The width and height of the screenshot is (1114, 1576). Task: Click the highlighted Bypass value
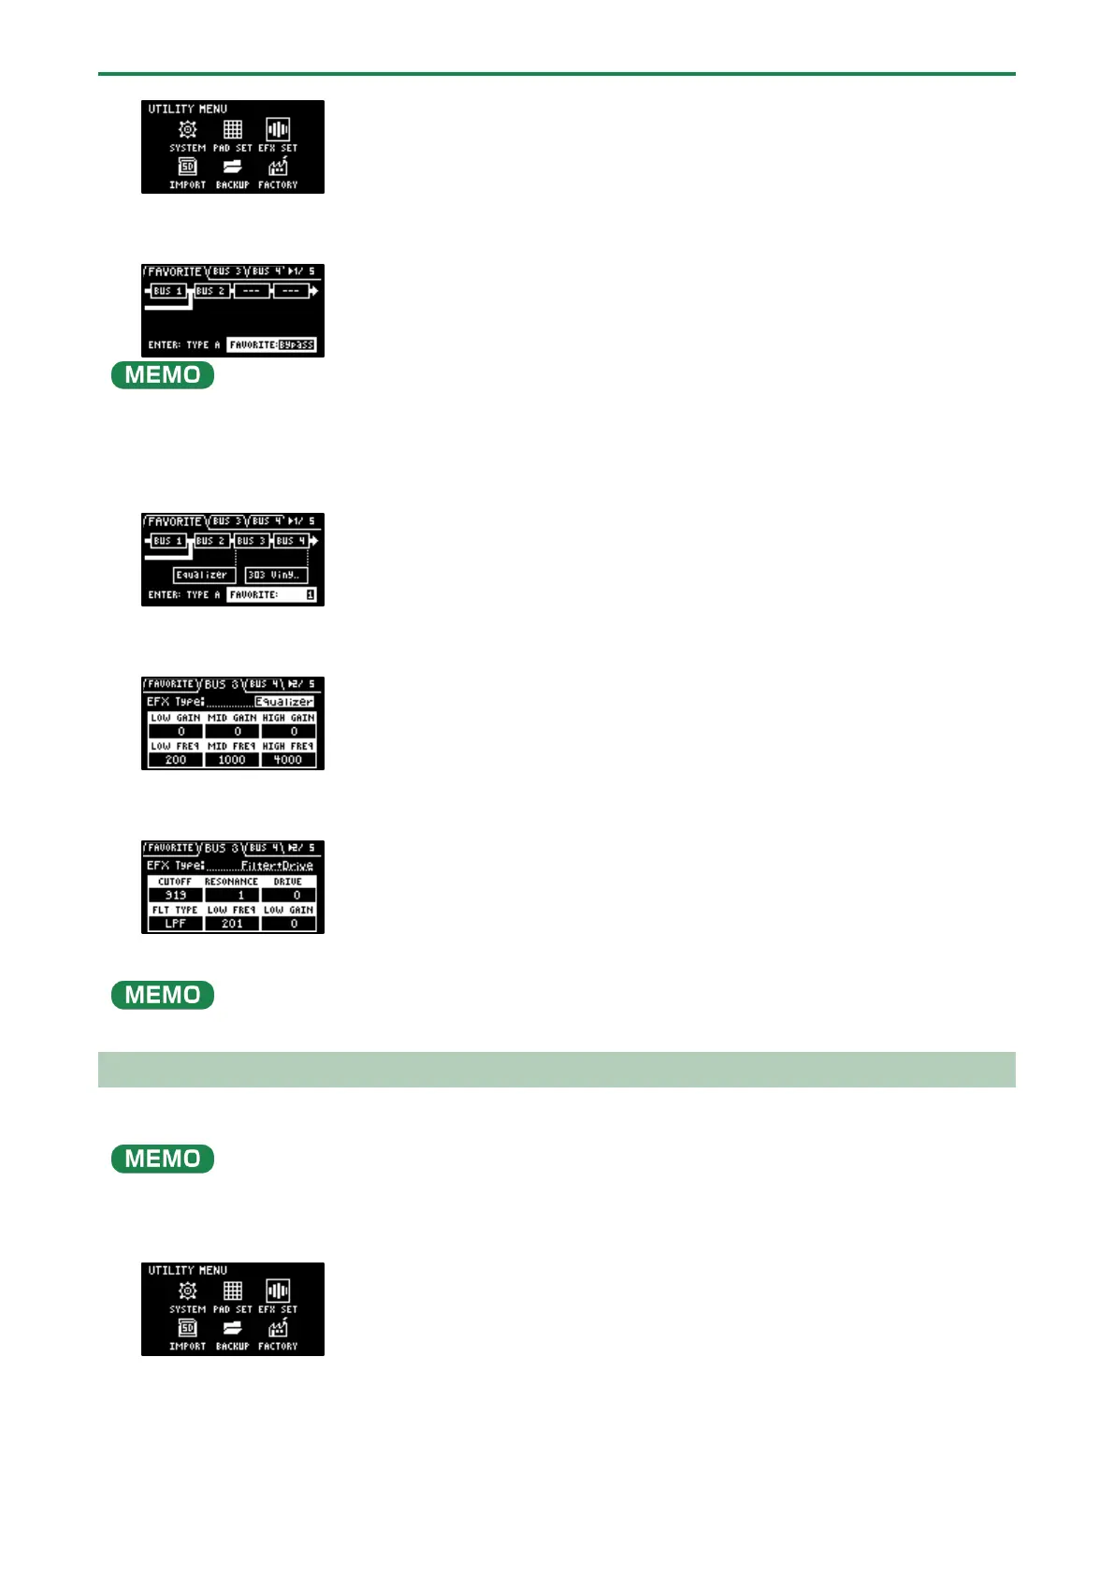(297, 344)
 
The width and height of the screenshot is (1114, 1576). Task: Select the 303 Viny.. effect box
(275, 575)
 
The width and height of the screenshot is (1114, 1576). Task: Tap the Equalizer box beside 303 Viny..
(204, 575)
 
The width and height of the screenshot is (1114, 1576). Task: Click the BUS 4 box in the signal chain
(290, 541)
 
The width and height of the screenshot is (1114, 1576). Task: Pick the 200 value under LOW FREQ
(176, 760)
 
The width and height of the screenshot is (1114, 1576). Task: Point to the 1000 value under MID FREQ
(232, 760)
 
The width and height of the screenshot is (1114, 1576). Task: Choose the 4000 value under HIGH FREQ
(288, 760)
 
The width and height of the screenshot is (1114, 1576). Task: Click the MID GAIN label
(232, 718)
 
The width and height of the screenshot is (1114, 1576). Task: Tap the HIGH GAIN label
(288, 718)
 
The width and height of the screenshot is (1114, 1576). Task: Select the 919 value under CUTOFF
(176, 896)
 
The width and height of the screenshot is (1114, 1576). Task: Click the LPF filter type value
(176, 924)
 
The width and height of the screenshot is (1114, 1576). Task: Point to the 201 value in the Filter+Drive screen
(232, 924)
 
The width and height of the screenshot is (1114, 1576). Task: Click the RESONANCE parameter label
(232, 882)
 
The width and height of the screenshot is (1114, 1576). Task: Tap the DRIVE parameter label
(288, 882)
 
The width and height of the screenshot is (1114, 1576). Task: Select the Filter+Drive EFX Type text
(277, 866)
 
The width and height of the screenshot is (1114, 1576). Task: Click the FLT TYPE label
(176, 910)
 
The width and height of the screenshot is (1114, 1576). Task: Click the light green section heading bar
(557, 1070)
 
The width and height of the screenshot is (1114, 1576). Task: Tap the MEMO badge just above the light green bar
(163, 995)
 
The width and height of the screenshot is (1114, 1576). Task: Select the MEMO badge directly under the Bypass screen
(163, 375)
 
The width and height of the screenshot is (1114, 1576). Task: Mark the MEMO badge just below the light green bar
(163, 1159)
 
